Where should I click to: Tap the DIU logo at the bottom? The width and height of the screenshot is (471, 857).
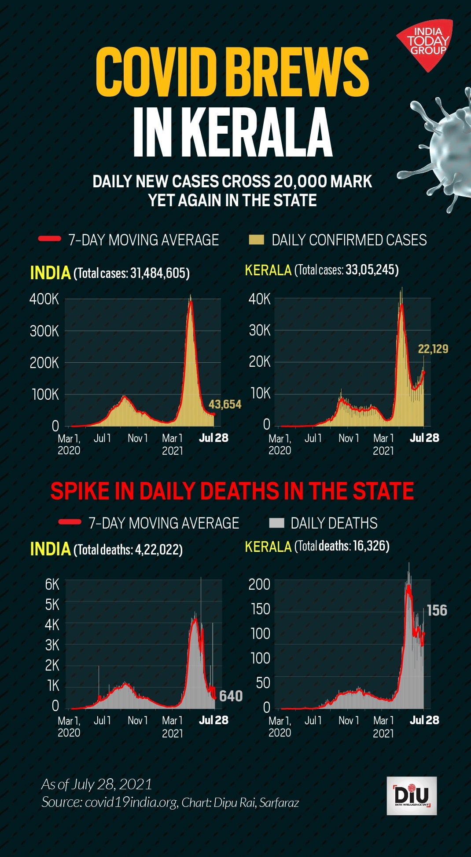click(412, 795)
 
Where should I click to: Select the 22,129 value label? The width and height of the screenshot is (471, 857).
click(433, 349)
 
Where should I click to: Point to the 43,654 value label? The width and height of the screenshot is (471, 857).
click(225, 404)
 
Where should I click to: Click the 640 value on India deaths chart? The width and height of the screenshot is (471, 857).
click(231, 696)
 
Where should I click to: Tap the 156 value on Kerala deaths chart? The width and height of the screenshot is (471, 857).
click(437, 610)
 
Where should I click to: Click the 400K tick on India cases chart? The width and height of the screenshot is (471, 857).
click(44, 299)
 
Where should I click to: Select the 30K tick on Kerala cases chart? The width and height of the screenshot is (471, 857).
click(260, 330)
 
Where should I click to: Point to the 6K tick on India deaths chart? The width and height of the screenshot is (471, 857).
click(52, 584)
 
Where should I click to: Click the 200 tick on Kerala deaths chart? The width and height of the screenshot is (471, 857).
click(259, 584)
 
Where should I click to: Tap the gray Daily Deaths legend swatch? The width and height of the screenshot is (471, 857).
click(276, 523)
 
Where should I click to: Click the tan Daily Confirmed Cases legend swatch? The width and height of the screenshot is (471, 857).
click(256, 240)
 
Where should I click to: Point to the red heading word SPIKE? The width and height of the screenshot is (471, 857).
click(79, 491)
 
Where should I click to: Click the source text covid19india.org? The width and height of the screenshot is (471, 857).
click(131, 802)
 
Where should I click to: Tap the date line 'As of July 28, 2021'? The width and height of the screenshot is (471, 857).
click(96, 784)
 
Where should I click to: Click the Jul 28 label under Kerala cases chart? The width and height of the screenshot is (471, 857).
click(424, 438)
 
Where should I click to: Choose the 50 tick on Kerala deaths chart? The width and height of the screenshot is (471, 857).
click(263, 683)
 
